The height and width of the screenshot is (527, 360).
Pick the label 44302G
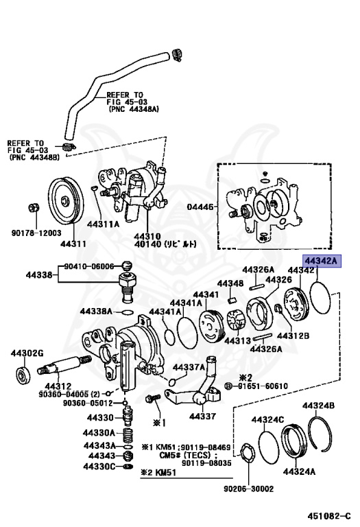(26, 353)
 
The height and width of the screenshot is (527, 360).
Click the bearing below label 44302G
(22, 375)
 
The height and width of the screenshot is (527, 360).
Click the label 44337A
(187, 366)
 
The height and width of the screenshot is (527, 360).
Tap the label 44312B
(293, 336)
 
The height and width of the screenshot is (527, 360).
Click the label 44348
(230, 283)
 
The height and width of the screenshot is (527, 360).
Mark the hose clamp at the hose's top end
(177, 54)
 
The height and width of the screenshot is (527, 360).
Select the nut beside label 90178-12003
(34, 208)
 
